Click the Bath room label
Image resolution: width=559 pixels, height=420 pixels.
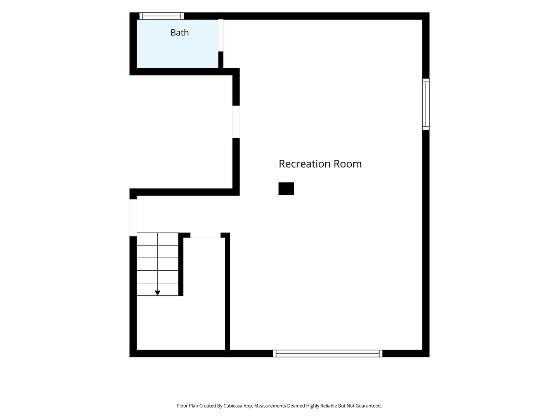(x=180, y=33)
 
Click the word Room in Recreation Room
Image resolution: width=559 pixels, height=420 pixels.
(x=347, y=164)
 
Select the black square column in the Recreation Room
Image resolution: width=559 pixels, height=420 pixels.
(x=286, y=189)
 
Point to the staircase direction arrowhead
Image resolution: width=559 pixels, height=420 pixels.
(x=158, y=293)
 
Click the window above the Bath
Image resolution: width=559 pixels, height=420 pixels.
(x=162, y=16)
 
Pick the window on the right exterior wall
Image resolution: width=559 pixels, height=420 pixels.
(x=426, y=104)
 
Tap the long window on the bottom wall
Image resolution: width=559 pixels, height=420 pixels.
(x=328, y=353)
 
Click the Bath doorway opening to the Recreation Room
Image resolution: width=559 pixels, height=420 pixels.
(x=221, y=35)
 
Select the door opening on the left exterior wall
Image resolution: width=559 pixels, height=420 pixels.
(x=133, y=217)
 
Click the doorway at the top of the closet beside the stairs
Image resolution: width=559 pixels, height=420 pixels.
(x=205, y=235)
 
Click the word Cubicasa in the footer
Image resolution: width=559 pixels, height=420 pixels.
(x=233, y=406)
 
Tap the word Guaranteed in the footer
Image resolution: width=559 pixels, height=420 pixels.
(x=368, y=406)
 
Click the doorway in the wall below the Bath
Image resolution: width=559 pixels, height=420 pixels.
(x=236, y=122)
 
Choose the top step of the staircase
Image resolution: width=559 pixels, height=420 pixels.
(x=158, y=239)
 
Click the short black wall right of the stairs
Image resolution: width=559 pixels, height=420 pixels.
(x=181, y=264)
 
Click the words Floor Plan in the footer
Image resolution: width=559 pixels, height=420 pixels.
(x=187, y=406)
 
